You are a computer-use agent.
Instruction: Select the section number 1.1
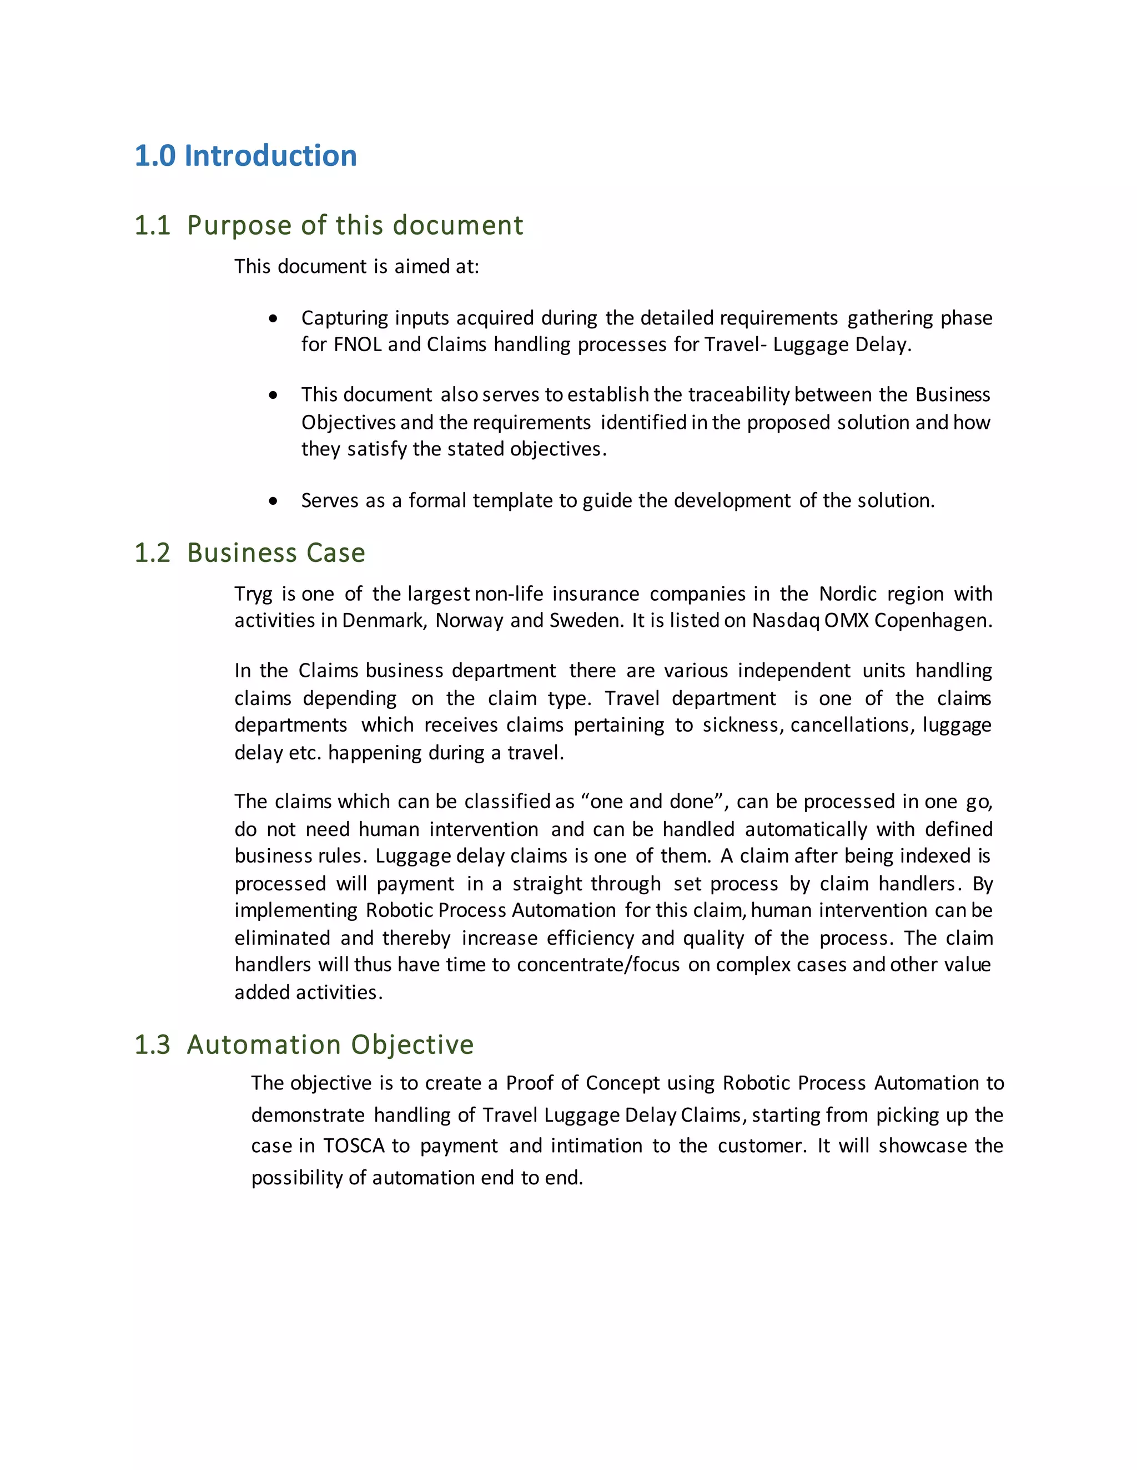152,225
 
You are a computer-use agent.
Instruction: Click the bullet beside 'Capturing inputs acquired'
273,318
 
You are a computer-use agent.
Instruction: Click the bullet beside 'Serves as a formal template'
273,501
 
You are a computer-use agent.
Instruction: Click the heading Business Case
276,552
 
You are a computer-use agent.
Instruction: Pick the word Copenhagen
933,621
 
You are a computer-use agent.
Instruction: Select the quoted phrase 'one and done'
651,802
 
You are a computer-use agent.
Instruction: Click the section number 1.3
152,1045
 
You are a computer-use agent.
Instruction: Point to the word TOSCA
354,1145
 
